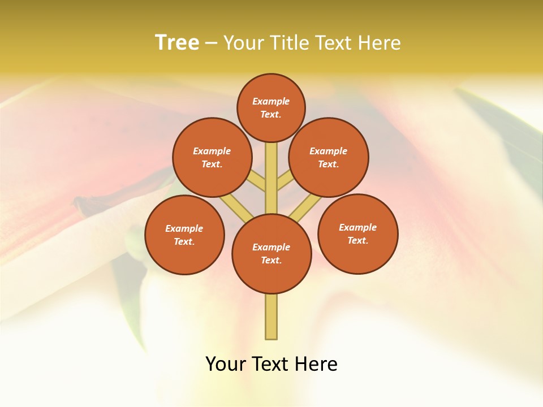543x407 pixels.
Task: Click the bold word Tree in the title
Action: click(177, 43)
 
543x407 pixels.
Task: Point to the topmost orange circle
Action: click(271, 107)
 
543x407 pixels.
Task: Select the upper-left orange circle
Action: click(212, 157)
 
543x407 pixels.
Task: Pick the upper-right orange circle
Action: click(329, 157)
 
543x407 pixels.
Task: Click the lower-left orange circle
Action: click(184, 235)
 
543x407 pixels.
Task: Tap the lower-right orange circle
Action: click(358, 233)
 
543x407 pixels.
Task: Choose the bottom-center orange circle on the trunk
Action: click(271, 253)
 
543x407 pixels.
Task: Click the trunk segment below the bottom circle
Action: click(271, 317)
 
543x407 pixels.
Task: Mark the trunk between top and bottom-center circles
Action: click(271, 178)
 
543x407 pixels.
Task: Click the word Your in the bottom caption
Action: click(226, 364)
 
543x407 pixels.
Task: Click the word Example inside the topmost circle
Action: click(271, 101)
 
